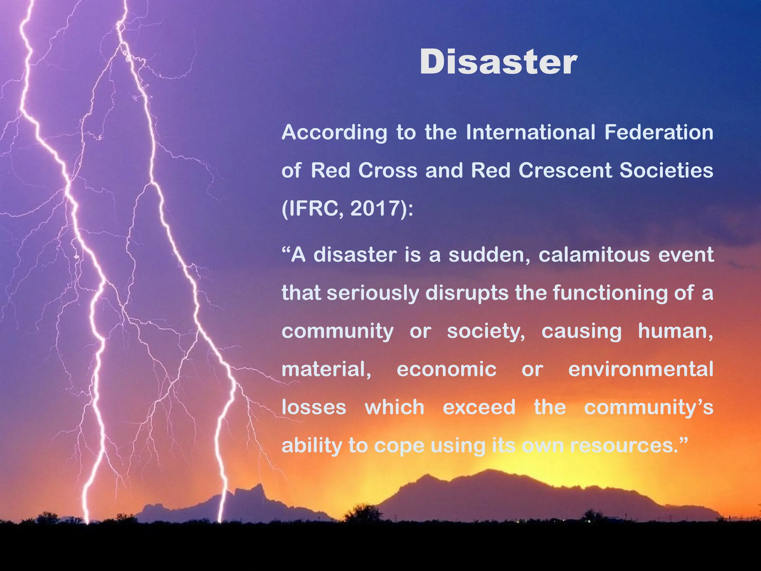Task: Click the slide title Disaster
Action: point(498,62)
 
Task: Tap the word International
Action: point(531,132)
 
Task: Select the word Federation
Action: point(659,132)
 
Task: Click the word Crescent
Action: point(565,171)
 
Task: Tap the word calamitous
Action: point(594,255)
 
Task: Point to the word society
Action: point(486,332)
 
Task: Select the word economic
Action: point(446,370)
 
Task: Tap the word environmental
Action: point(641,370)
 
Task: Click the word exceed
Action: point(479,407)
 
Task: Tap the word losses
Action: point(314,407)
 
